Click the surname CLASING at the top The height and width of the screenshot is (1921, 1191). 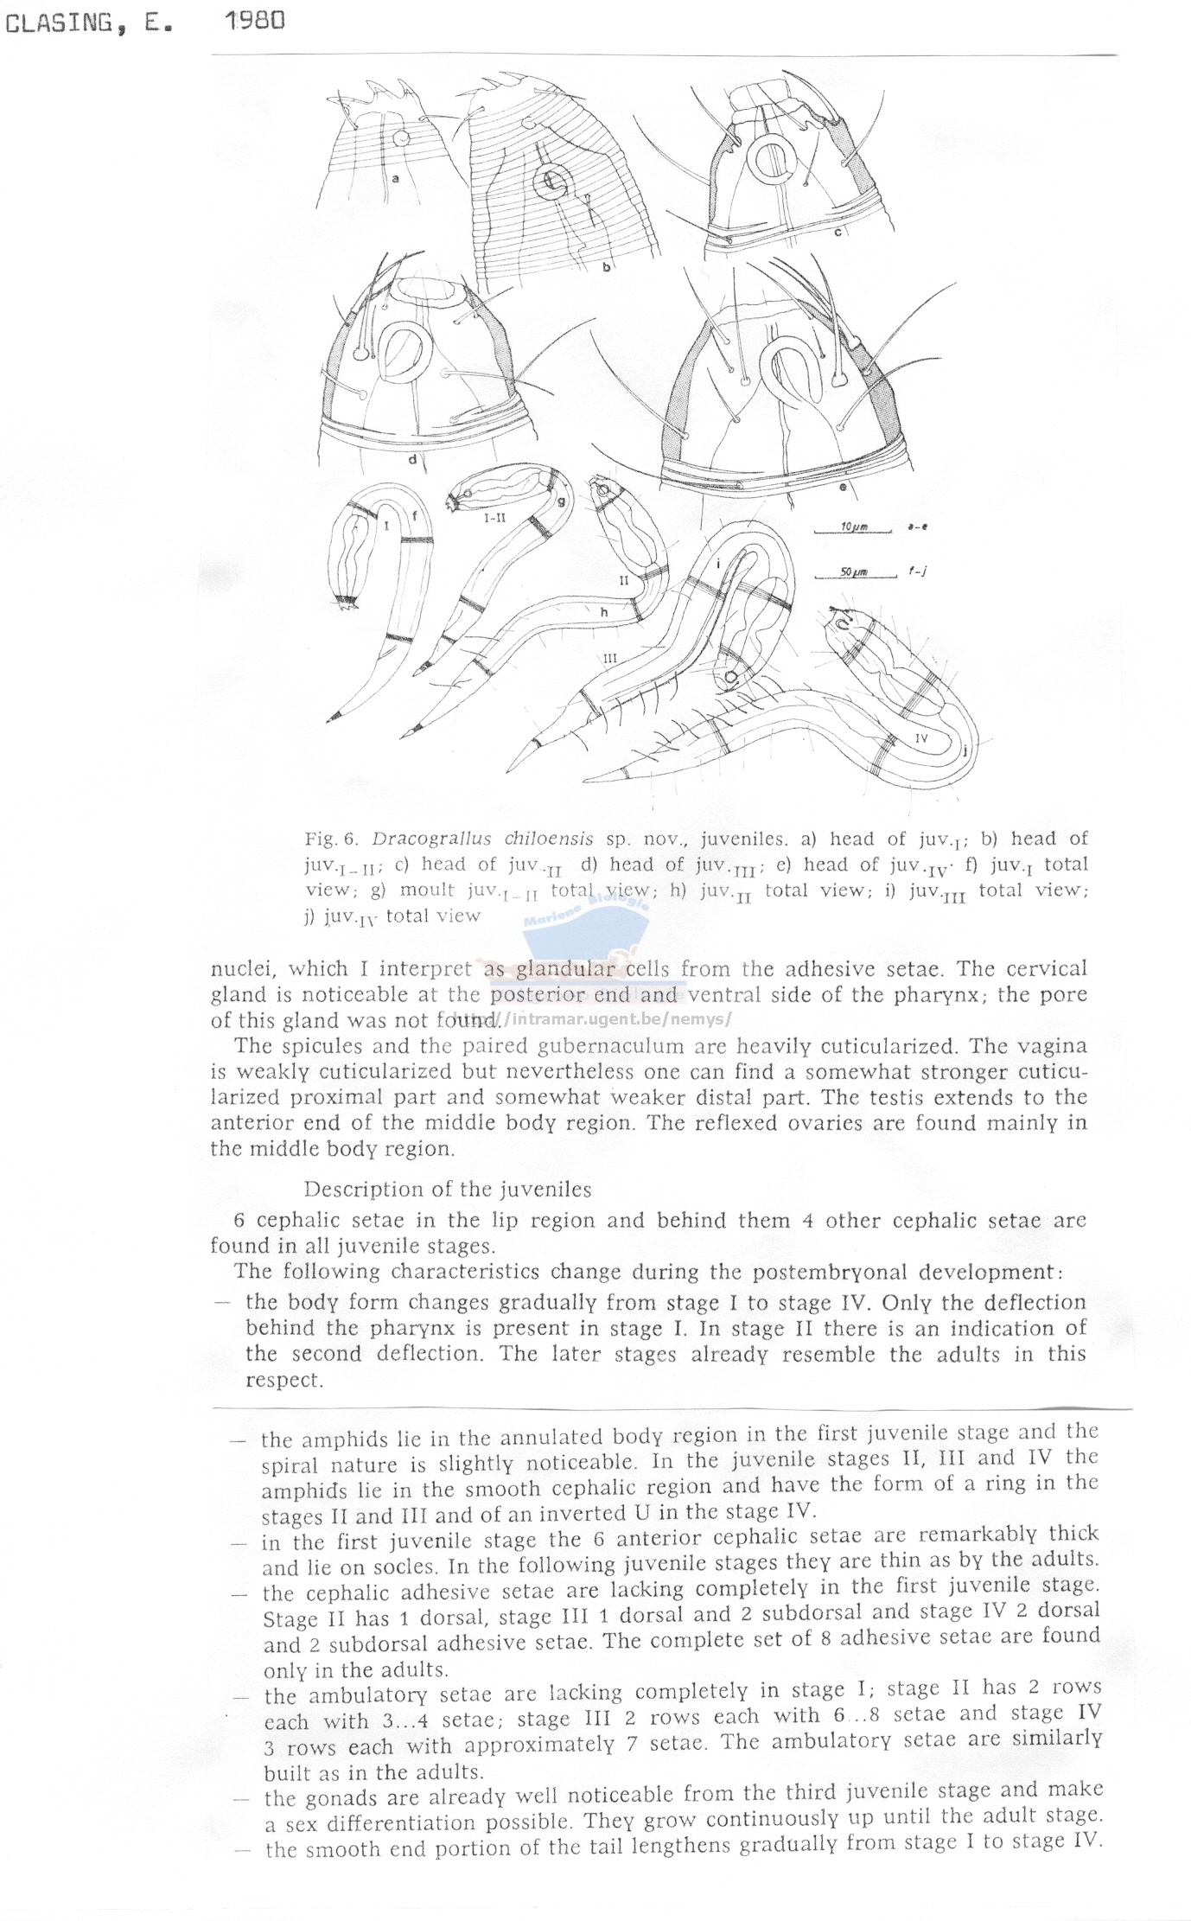[x=58, y=24]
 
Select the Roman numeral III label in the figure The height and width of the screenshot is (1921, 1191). [x=609, y=658]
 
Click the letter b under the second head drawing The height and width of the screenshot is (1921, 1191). [x=607, y=267]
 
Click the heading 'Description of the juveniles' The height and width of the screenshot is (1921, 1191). [x=447, y=1189]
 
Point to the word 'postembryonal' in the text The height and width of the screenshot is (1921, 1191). [x=831, y=1271]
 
